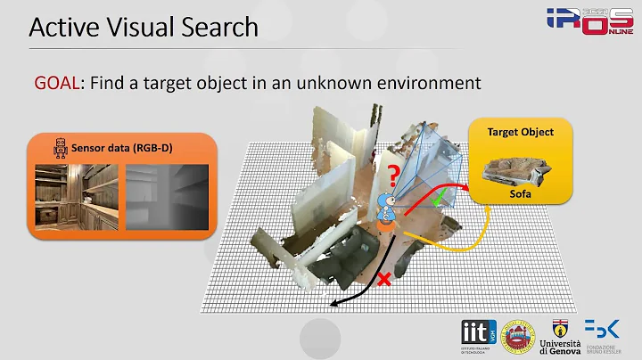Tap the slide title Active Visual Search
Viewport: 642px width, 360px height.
pyautogui.click(x=144, y=28)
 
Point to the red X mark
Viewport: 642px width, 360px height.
pyautogui.click(x=385, y=281)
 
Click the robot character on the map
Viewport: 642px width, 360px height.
pyautogui.click(x=387, y=211)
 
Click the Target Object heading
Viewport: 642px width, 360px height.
pyautogui.click(x=520, y=132)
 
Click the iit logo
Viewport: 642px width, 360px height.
pyautogui.click(x=476, y=332)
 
